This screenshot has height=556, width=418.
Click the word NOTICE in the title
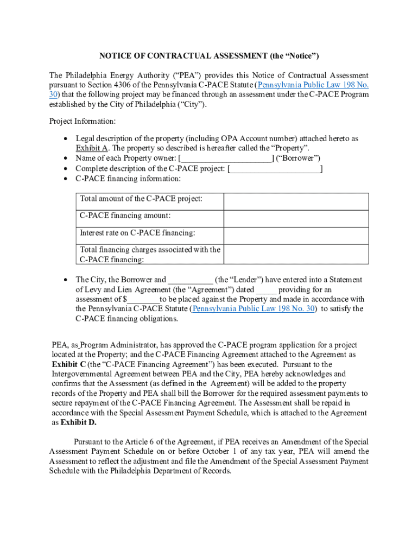coord(115,56)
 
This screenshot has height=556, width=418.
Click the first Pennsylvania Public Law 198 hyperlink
coord(313,85)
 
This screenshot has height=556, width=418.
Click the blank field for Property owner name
coord(226,158)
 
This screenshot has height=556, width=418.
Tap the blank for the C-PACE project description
coord(276,168)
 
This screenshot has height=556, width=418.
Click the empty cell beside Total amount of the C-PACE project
coord(296,201)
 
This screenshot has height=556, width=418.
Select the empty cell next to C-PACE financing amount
coord(296,218)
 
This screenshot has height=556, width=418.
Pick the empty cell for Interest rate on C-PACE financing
coord(296,235)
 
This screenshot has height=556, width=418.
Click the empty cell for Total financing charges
coord(296,254)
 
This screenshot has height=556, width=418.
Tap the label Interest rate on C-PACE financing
coord(137,233)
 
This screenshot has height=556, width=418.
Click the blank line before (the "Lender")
coord(191,280)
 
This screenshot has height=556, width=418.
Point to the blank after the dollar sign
coord(143,300)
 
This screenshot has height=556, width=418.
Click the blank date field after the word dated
coord(266,290)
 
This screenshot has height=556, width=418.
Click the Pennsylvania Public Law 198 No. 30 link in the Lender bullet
coord(254,309)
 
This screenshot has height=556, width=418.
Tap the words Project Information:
coord(82,121)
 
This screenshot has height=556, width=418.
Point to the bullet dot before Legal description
coord(65,139)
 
